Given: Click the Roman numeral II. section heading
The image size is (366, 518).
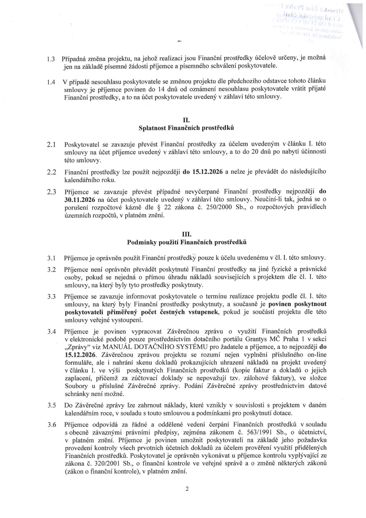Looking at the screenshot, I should tap(186, 120).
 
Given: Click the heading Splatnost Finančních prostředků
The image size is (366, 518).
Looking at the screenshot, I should tap(186, 128).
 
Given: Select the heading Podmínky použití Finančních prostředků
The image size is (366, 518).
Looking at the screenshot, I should tap(187, 242).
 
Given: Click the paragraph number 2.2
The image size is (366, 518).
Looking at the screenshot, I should tap(51, 172).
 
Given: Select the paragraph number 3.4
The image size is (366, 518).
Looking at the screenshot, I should tap(51, 331).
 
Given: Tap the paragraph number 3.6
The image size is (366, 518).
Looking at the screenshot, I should tap(51, 425).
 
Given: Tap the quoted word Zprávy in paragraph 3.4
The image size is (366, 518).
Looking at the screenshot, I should tap(78, 347).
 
